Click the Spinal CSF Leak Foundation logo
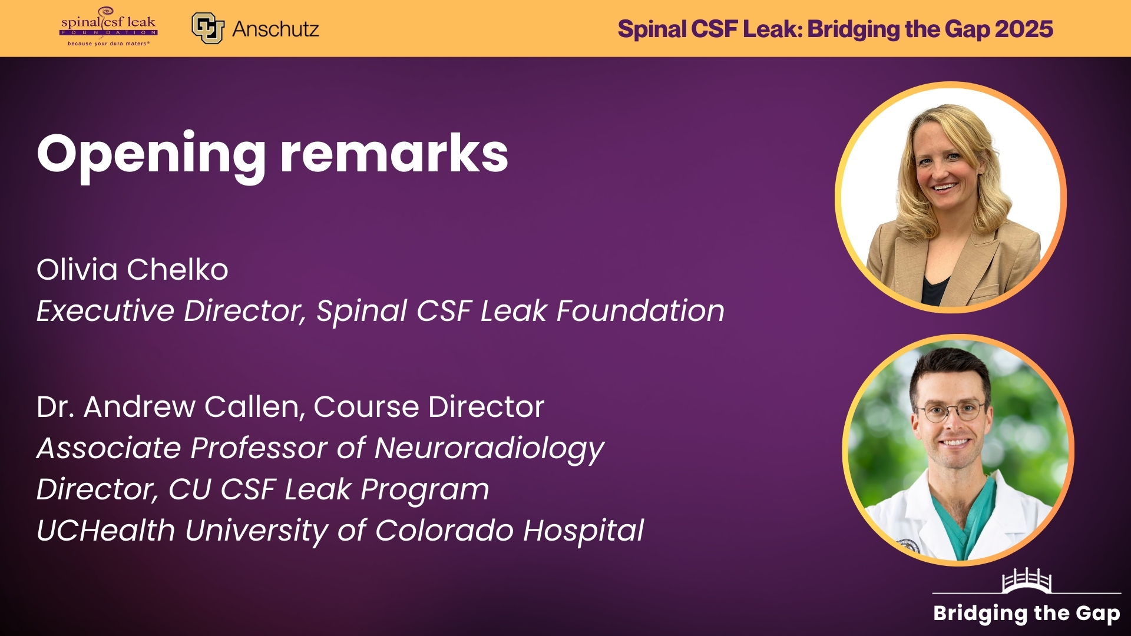(108, 27)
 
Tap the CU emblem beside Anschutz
(208, 28)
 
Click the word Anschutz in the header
(276, 29)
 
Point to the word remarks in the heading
(394, 154)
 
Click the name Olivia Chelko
(133, 270)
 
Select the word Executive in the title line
(105, 310)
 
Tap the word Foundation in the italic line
(640, 310)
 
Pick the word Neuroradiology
(489, 449)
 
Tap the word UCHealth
(106, 531)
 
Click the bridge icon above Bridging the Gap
(1027, 580)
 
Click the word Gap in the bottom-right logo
(1097, 614)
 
